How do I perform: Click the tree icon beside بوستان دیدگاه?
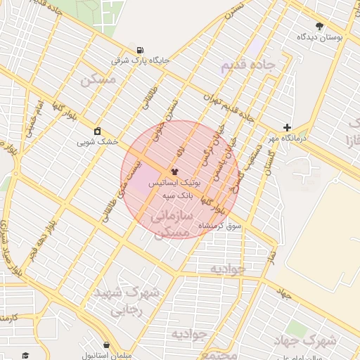tap(320, 26)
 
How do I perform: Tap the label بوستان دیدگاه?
tap(320, 37)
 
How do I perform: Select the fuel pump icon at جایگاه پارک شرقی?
tap(141, 50)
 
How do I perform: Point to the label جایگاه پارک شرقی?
tap(141, 60)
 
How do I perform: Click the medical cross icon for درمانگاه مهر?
tap(287, 127)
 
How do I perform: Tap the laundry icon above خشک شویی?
tap(97, 131)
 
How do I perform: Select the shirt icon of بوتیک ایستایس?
tap(174, 171)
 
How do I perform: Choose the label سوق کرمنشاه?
tap(220, 226)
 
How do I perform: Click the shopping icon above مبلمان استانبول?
tap(106, 345)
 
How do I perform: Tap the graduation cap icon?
tap(25, 355)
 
